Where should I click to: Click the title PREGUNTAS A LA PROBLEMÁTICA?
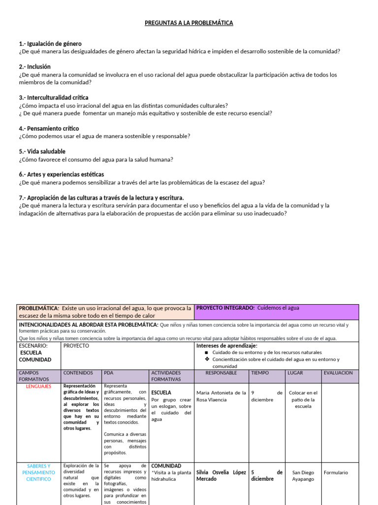189,23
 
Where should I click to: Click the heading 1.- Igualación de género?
50,44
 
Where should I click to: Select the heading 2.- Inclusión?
34,67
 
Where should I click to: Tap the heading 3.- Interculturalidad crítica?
54,98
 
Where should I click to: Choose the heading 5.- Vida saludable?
42,151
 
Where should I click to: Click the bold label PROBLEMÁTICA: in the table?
39,308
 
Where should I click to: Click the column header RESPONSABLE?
221,373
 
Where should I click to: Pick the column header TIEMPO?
260,373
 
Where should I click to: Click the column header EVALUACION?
338,373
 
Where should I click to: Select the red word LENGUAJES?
39,386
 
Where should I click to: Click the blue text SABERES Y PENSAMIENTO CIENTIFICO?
39,472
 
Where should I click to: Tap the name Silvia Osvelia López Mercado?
220,475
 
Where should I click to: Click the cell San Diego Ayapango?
303,475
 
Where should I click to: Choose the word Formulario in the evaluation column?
336,472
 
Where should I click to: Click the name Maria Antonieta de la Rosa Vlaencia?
220,396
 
